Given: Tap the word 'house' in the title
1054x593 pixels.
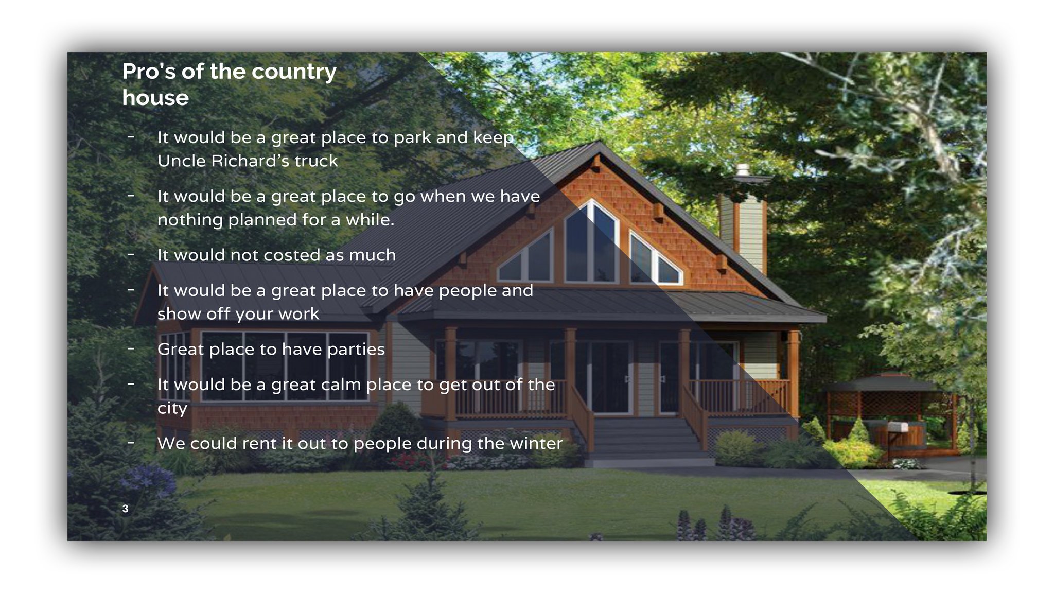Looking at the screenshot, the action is (x=155, y=98).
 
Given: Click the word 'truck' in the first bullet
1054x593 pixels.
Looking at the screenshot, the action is (x=316, y=161).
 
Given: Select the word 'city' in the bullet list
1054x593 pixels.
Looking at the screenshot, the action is (x=172, y=409).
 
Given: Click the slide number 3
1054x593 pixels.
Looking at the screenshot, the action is (x=125, y=509).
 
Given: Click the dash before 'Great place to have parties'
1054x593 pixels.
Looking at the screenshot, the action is (x=131, y=349).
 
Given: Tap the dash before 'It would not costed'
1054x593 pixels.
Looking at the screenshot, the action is (x=131, y=255).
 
